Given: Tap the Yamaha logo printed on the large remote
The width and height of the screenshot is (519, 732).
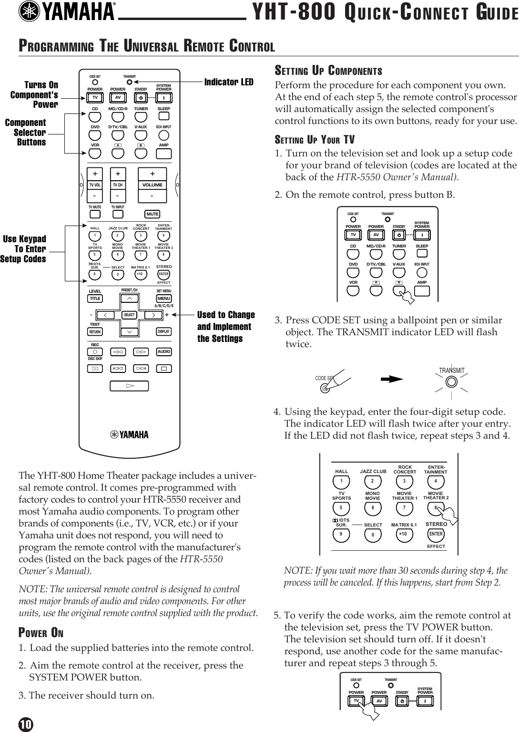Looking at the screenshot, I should click(129, 434).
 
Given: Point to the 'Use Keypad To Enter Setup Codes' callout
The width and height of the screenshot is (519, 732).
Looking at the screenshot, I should click(24, 249).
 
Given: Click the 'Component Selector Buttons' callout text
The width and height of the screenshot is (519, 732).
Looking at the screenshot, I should click(26, 133).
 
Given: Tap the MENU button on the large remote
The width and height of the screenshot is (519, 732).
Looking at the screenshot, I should click(164, 299).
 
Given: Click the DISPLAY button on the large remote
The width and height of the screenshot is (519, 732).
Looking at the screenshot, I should click(163, 331).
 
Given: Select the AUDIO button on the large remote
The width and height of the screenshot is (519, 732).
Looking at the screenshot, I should click(163, 352).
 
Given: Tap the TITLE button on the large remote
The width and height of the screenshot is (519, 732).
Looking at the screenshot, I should click(95, 299).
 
